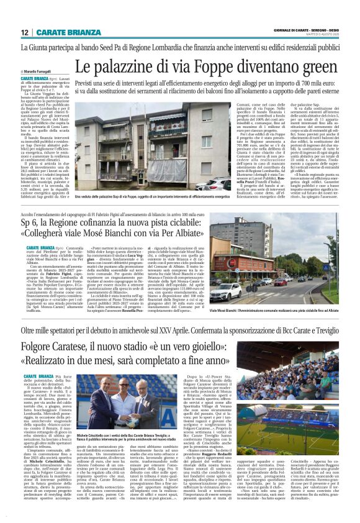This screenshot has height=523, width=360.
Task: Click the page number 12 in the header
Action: point(24,32)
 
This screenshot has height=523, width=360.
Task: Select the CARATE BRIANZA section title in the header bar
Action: point(66,32)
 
